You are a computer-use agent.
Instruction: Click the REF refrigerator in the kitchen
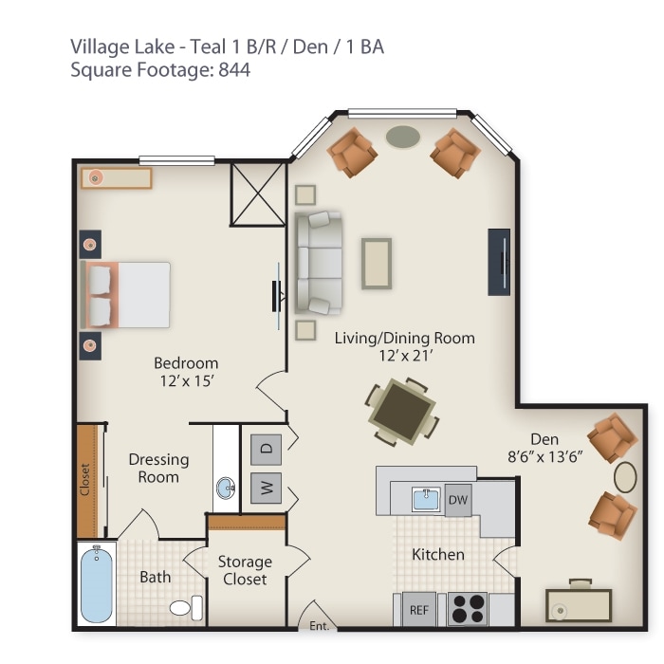coord(417,610)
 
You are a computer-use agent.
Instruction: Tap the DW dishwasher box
coord(458,499)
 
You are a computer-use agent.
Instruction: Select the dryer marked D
coord(267,447)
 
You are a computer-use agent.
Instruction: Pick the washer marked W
coord(267,489)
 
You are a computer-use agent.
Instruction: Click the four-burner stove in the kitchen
coord(467,609)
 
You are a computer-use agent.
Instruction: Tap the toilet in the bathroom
coord(184,605)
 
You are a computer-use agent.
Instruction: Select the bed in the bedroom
coord(128,295)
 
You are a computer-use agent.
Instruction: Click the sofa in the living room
coord(317,263)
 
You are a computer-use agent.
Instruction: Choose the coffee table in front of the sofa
coord(376,263)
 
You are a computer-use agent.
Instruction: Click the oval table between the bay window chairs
coord(403,137)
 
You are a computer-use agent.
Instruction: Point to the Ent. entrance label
coord(319,624)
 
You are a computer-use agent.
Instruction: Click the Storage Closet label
coord(244,570)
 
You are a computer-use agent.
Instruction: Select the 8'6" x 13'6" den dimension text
coord(545,456)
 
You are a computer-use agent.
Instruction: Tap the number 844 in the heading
coord(234,69)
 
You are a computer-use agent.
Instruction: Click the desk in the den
coord(579,604)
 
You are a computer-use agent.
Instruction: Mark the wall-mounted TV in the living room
coord(499,262)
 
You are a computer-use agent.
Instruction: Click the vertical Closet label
coord(85,479)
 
